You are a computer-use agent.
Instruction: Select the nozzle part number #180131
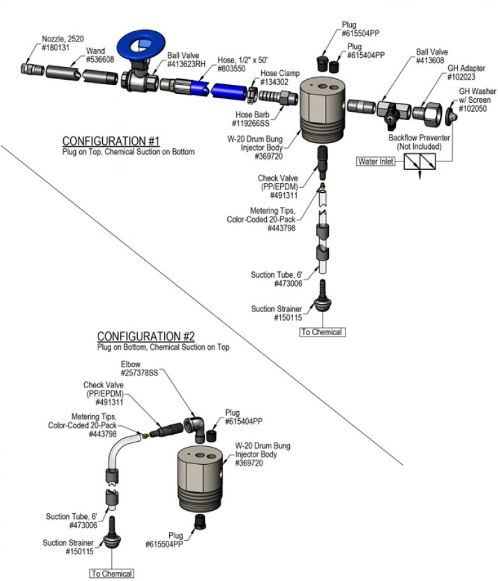click(x=56, y=47)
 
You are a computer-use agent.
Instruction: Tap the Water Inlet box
click(x=375, y=161)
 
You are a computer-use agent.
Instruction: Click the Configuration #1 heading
click(x=111, y=141)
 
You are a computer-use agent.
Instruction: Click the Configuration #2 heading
click(x=146, y=336)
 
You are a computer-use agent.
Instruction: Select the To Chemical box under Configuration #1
click(x=322, y=332)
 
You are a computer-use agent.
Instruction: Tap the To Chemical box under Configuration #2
click(x=112, y=573)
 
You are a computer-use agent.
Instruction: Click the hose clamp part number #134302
click(x=274, y=82)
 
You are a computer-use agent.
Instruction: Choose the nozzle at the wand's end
click(x=32, y=70)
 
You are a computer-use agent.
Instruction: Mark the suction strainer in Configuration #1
click(x=322, y=296)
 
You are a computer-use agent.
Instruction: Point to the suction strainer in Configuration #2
click(x=112, y=534)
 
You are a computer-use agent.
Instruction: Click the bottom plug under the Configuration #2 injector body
click(x=200, y=522)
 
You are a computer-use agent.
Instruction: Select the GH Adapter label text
click(x=466, y=68)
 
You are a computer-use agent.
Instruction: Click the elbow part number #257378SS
click(x=139, y=373)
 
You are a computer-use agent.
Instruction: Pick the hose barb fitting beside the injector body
click(x=278, y=98)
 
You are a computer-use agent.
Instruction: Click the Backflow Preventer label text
click(x=419, y=138)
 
